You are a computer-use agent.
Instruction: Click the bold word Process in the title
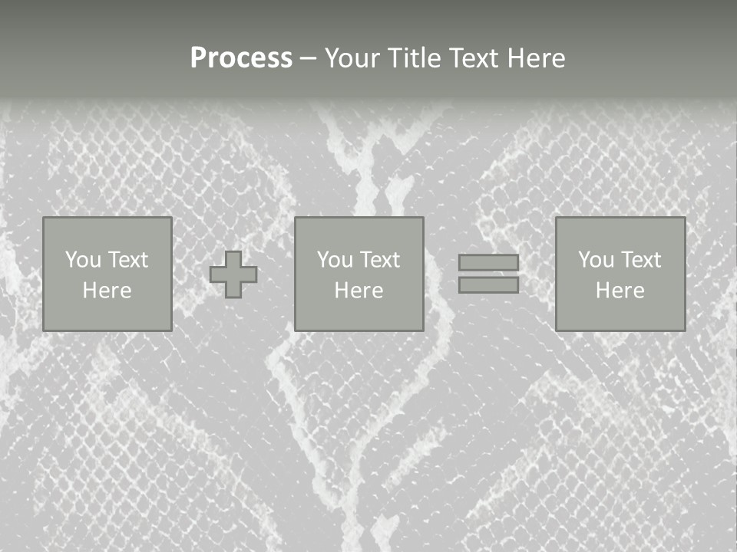241,58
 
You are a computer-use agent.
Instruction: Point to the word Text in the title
474,58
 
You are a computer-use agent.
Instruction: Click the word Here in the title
537,58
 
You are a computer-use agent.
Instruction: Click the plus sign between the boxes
233,274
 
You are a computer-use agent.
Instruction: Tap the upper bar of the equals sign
488,262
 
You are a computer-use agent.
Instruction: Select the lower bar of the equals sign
488,285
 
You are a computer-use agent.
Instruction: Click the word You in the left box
83,260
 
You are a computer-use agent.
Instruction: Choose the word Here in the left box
107,291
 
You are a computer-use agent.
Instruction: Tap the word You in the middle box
335,260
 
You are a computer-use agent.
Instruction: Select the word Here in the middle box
359,291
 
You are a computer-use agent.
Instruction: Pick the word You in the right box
597,260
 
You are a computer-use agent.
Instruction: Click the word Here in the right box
620,291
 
